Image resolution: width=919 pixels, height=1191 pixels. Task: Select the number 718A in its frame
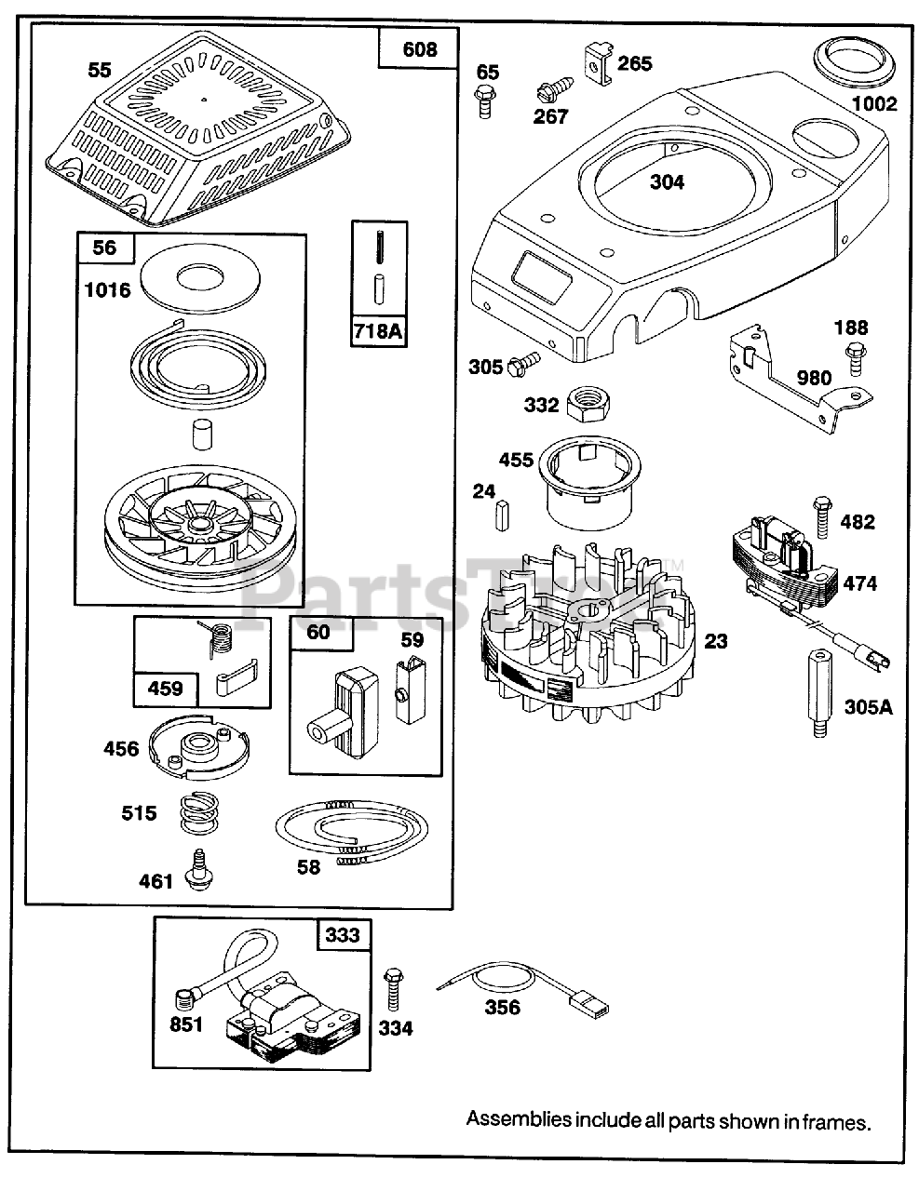click(379, 329)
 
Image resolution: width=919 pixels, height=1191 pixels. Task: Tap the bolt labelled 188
click(852, 361)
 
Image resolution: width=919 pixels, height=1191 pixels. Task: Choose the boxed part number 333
click(342, 933)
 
